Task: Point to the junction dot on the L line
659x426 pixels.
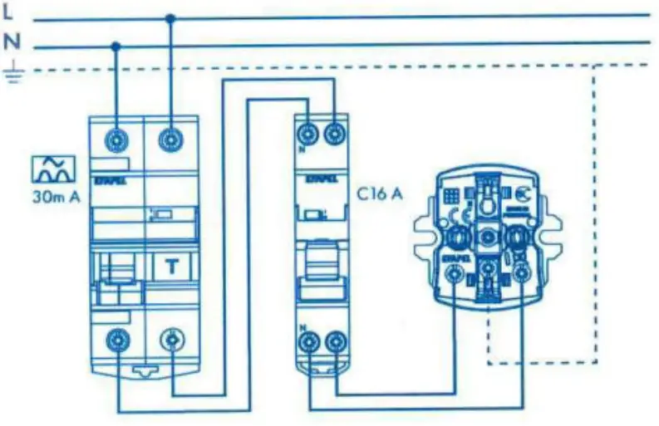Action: click(171, 17)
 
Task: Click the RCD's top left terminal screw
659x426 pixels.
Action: click(116, 138)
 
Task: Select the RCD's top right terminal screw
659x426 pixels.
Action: click(171, 138)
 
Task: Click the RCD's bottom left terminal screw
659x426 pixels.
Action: click(116, 339)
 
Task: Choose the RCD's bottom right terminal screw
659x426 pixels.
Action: click(171, 339)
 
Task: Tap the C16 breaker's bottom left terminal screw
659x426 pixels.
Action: click(310, 341)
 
